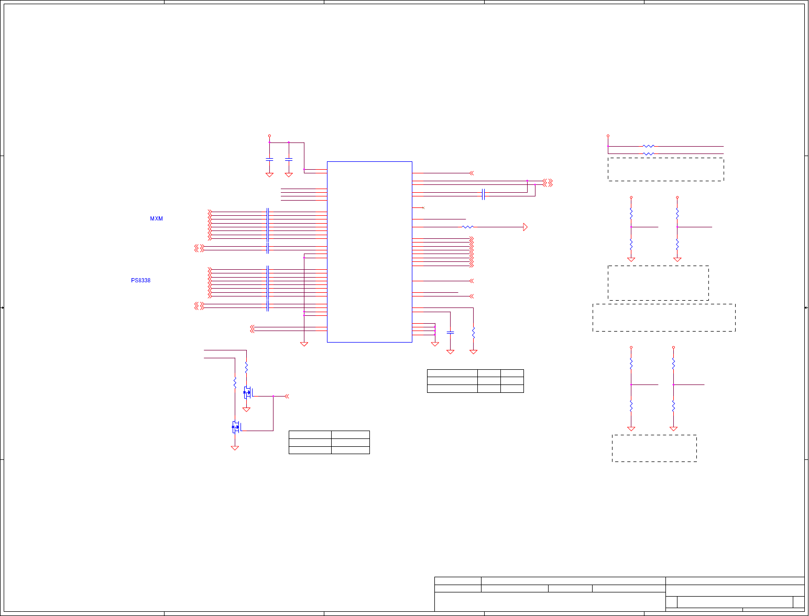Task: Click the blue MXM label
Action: point(156,219)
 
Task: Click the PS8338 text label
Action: point(140,281)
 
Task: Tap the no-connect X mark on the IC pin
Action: point(423,208)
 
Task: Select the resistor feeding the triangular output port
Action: point(467,227)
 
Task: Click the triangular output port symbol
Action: point(525,227)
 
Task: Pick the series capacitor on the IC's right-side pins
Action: point(483,194)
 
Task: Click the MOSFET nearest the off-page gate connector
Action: point(247,392)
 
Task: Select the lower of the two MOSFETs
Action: point(235,427)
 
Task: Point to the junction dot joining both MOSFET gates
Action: point(273,397)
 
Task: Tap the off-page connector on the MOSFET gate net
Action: point(287,397)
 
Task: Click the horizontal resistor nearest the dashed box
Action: point(648,154)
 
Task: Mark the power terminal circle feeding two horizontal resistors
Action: point(608,136)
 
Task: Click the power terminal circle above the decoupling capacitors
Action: point(269,136)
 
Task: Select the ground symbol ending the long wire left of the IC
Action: point(304,344)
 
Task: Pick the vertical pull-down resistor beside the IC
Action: point(473,332)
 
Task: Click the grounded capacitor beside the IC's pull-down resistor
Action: point(450,333)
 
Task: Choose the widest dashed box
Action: point(664,317)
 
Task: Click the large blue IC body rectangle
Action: point(369,252)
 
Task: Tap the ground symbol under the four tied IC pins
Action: point(434,344)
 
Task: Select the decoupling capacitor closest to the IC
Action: point(289,159)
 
